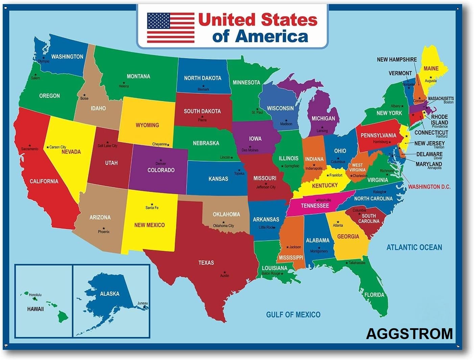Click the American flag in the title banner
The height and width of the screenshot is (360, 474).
click(171, 28)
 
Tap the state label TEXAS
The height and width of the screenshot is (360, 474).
click(206, 262)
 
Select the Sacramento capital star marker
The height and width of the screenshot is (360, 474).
click(30, 145)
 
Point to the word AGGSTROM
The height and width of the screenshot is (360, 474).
click(409, 334)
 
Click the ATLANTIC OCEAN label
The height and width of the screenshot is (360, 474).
click(414, 247)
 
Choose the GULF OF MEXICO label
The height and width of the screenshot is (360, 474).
click(293, 315)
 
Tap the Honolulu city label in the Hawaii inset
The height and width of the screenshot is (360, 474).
click(35, 295)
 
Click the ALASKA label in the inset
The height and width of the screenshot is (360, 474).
click(110, 294)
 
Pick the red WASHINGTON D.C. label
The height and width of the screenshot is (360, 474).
click(429, 187)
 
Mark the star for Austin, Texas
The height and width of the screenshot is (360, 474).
click(224, 272)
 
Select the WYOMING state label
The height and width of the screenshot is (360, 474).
click(147, 125)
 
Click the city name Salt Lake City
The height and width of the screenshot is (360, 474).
click(107, 146)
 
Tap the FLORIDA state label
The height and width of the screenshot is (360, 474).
click(374, 295)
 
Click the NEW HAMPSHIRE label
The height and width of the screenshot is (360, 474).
click(397, 59)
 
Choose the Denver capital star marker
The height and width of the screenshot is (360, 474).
click(161, 160)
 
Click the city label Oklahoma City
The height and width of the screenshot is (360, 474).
click(223, 226)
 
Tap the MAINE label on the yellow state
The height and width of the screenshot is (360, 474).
click(431, 68)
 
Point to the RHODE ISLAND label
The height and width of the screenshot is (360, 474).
click(439, 120)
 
